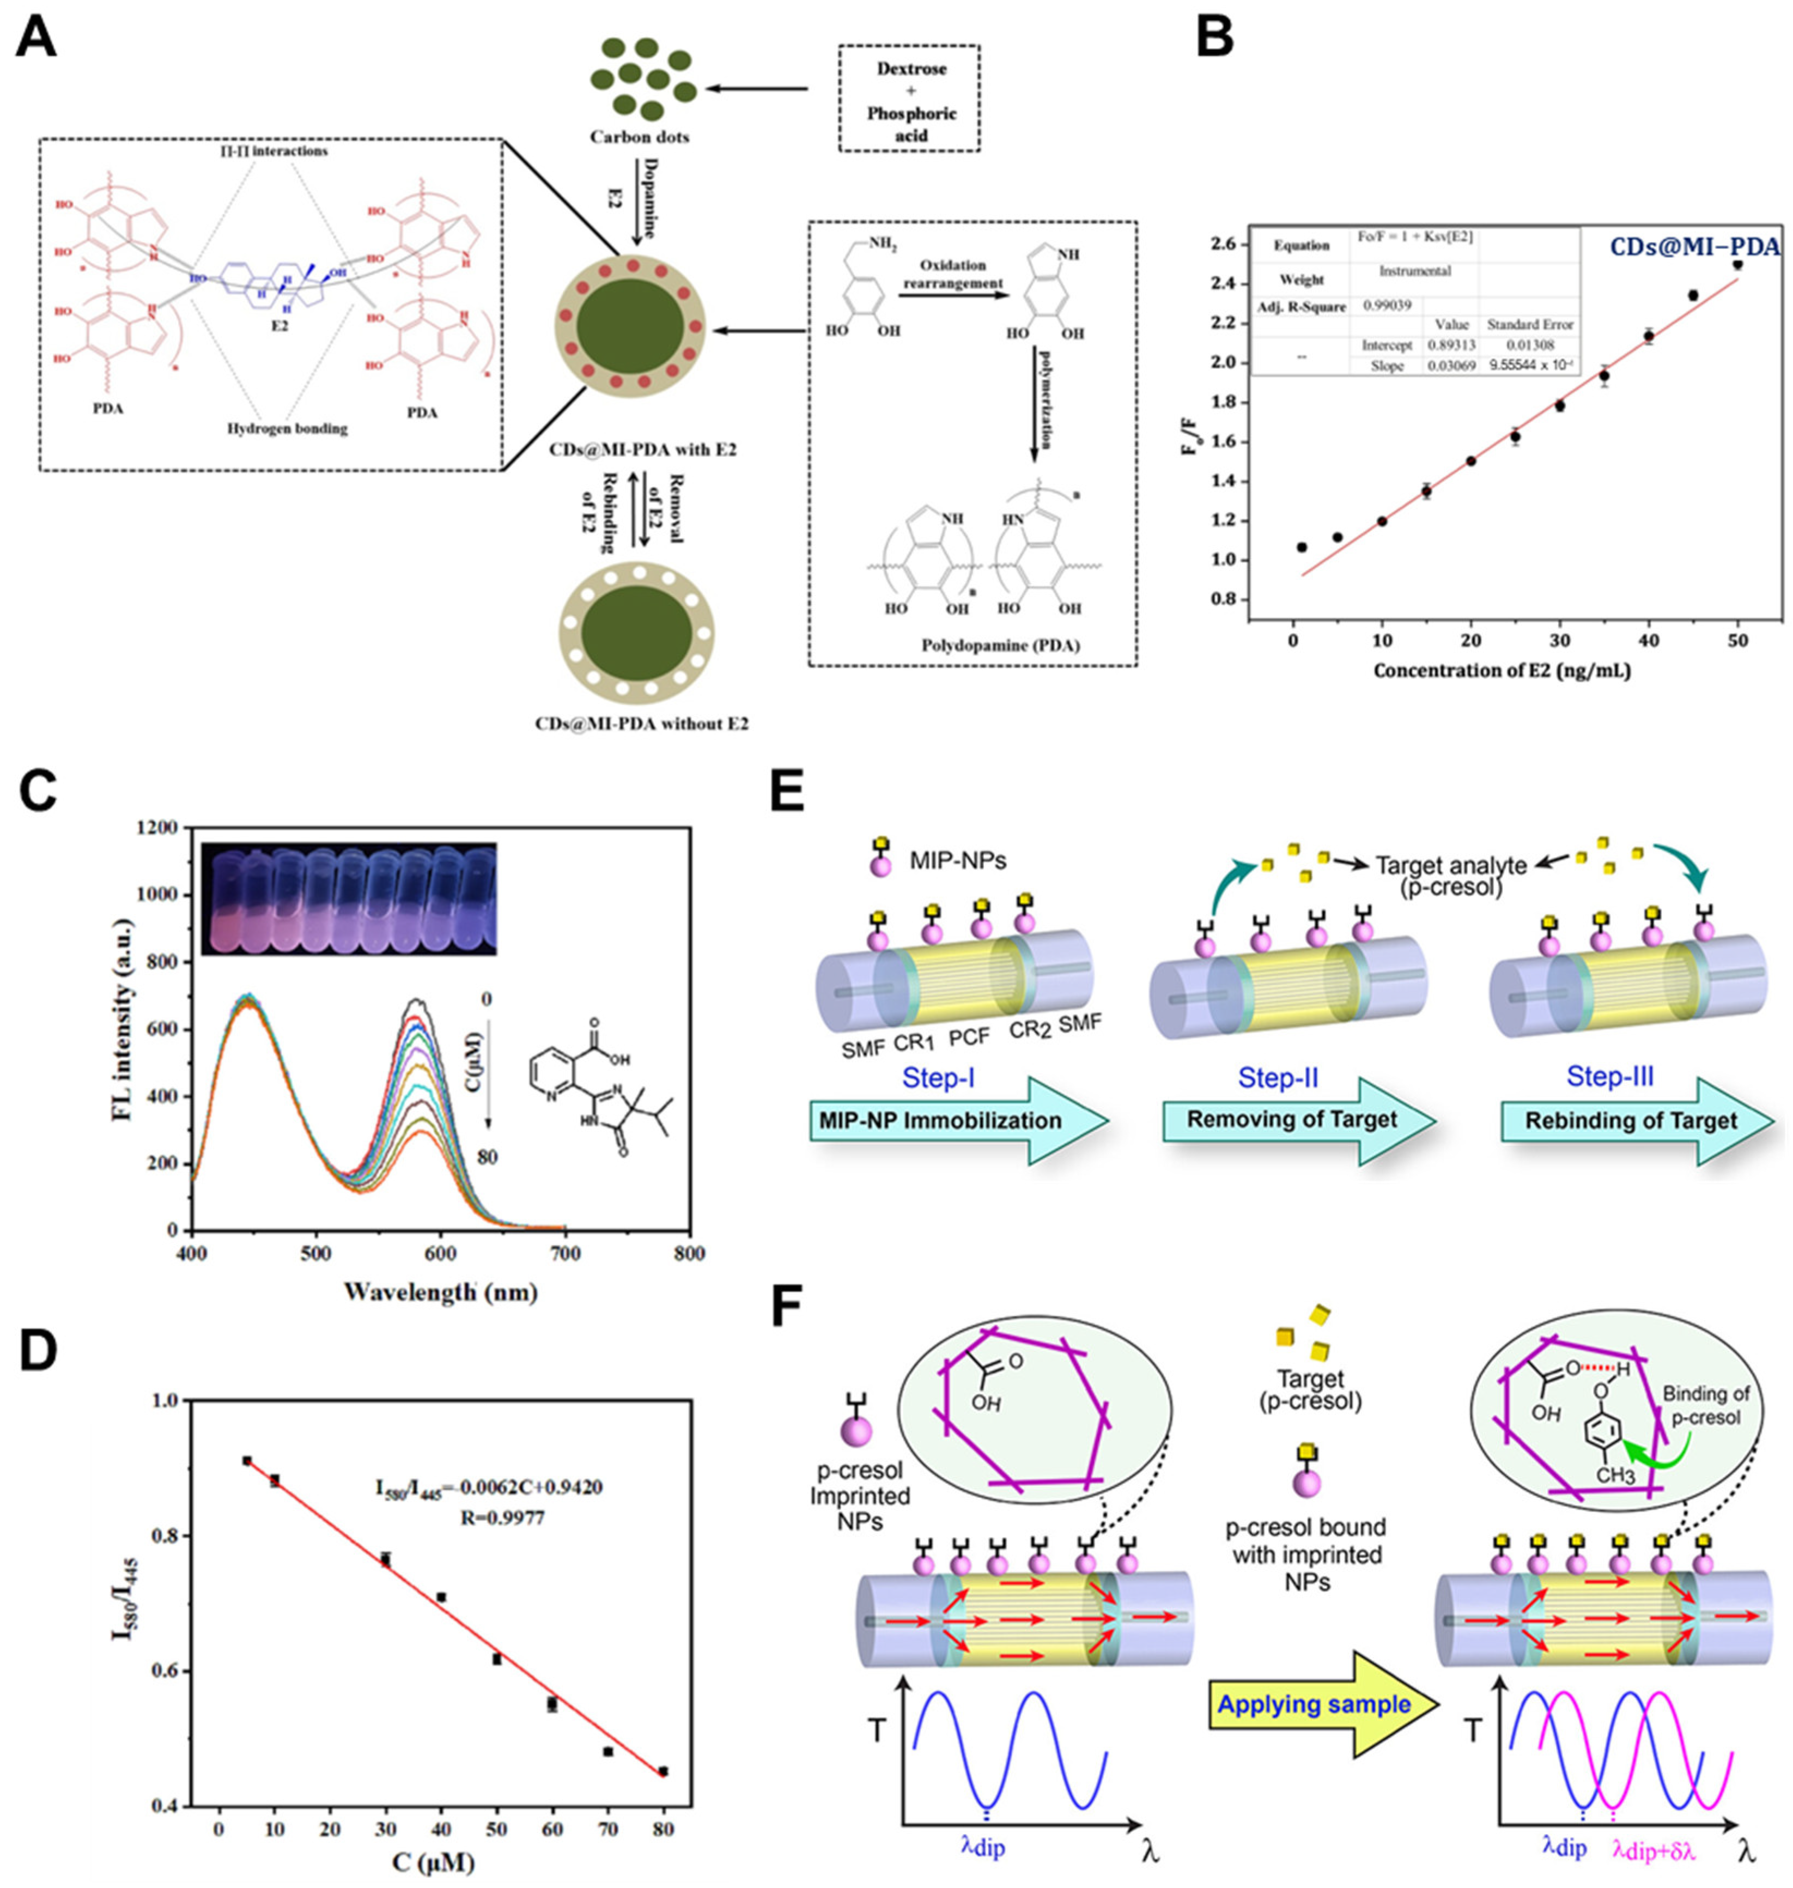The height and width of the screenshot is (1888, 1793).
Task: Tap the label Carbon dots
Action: point(640,137)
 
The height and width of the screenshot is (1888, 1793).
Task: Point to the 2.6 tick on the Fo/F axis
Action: point(1227,245)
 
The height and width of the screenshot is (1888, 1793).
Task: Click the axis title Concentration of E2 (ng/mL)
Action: point(1503,671)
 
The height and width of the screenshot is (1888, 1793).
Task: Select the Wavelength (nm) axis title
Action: point(440,1292)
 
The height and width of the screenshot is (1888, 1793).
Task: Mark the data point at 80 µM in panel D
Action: point(663,1770)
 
